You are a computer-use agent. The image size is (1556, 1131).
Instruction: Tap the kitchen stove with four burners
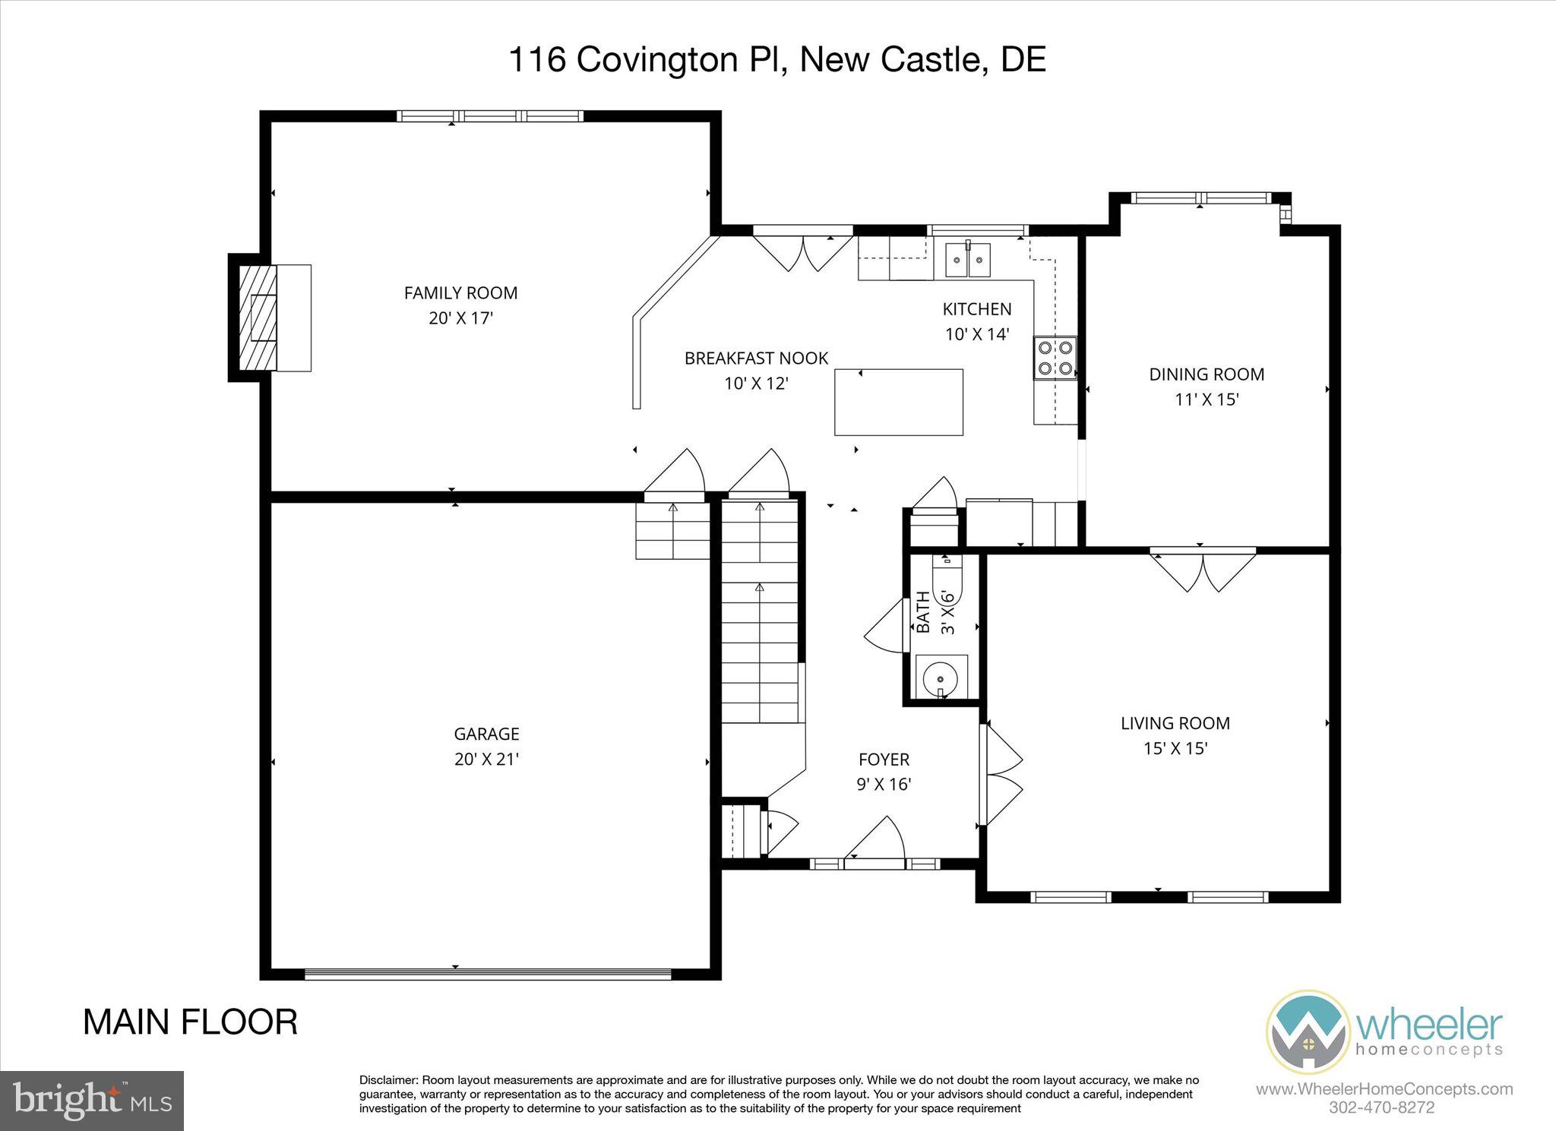point(1055,358)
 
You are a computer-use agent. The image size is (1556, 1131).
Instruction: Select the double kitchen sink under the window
point(969,261)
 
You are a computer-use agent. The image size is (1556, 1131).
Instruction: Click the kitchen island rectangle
point(899,402)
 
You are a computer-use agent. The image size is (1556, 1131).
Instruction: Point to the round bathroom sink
point(941,676)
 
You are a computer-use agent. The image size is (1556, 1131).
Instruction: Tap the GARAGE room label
point(486,734)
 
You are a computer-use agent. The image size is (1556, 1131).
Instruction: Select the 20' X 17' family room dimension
point(461,318)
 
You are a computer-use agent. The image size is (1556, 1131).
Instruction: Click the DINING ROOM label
point(1207,374)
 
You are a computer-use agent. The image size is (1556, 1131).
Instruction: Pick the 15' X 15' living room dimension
point(1175,748)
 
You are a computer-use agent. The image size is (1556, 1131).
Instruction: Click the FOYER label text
point(884,759)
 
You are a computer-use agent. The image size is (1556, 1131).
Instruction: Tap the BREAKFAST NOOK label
point(756,358)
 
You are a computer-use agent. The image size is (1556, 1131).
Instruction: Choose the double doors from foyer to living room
point(1001,774)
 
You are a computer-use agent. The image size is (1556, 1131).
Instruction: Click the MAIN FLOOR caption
point(190,1022)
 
